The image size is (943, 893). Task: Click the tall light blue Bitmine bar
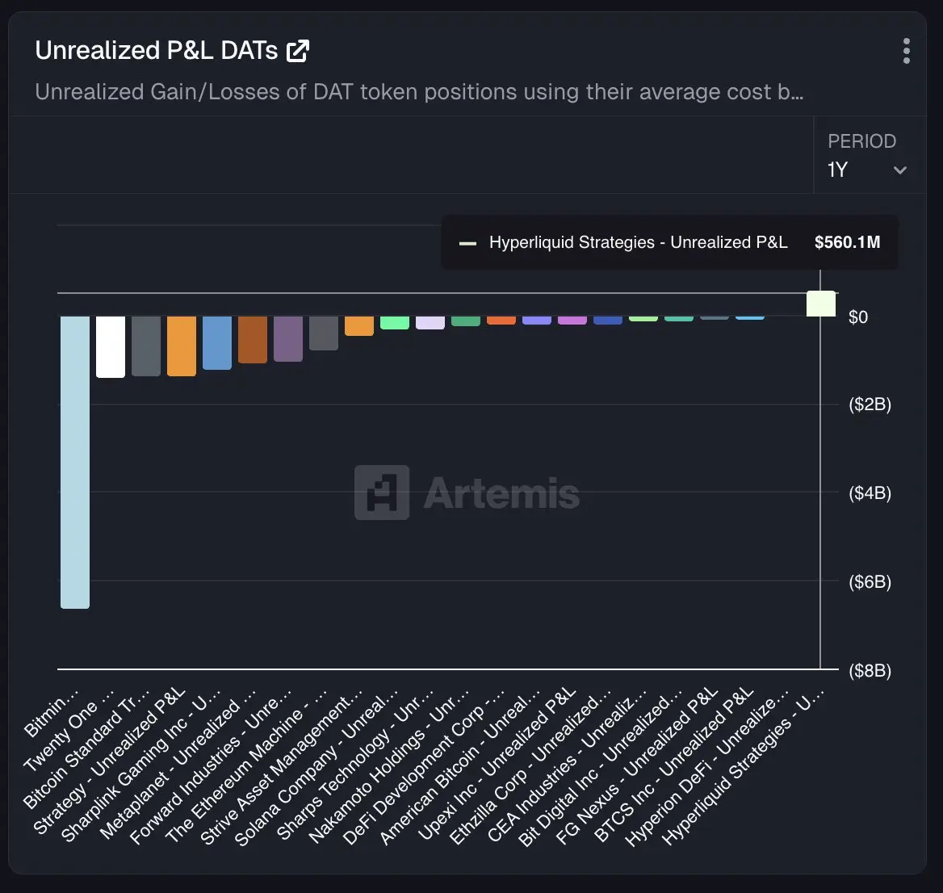75,461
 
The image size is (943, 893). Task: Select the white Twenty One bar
111,346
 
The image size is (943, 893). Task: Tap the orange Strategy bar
182,346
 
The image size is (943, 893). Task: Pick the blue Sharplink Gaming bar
217,342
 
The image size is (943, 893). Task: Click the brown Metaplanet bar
253,339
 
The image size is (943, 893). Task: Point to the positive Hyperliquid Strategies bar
821,304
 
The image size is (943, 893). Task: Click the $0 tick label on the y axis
858,317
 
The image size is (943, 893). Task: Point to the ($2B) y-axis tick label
870,405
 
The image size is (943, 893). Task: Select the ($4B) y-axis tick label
870,493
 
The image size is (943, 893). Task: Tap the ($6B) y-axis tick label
870,582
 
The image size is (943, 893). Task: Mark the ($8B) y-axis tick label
870,671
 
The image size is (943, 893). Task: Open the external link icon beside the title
298,51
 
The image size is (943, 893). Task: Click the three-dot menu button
907,51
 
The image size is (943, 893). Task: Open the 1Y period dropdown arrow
900,170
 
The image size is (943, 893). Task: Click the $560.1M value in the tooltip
847,242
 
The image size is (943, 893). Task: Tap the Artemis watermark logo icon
381,493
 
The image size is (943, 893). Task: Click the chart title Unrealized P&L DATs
157,51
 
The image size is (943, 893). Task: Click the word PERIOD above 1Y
861,141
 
